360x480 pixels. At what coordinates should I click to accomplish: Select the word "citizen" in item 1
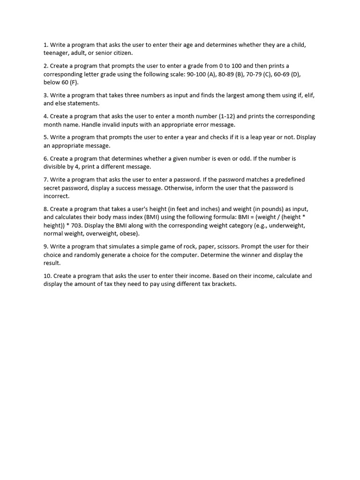tap(122, 53)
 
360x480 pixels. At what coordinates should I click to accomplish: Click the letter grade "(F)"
tap(74, 82)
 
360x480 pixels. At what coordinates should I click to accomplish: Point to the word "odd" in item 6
tap(227, 158)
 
